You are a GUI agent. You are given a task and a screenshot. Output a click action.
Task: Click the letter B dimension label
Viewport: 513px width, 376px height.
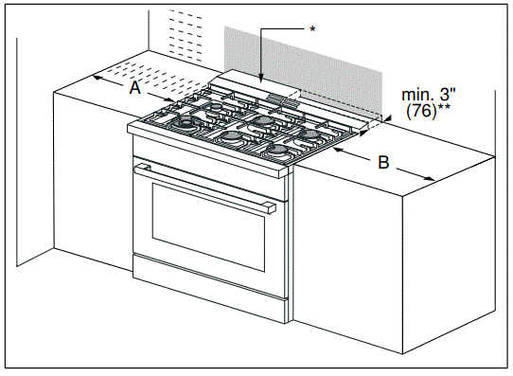coord(382,162)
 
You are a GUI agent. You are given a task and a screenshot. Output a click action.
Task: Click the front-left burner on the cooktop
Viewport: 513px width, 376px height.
coord(186,124)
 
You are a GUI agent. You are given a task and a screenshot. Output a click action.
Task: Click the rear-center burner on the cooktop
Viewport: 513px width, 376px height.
coord(259,121)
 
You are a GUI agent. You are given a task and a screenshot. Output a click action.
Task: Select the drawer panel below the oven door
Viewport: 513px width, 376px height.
coord(208,293)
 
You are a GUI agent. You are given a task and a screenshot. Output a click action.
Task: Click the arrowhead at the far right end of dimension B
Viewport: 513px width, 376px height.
coord(433,180)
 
